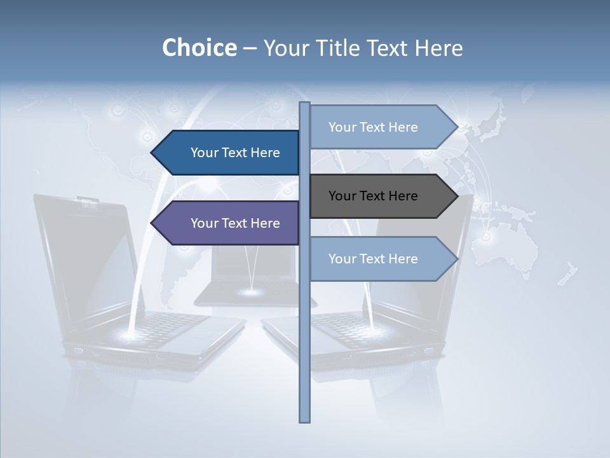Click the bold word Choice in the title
click(199, 48)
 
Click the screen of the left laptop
click(89, 254)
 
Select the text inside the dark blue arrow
click(235, 153)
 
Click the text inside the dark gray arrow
click(373, 196)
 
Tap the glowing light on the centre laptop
click(252, 292)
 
